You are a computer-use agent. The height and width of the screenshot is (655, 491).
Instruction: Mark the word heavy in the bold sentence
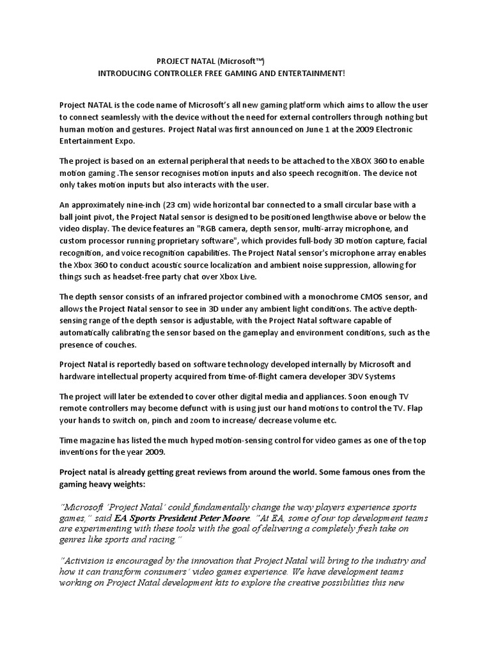click(x=98, y=484)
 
